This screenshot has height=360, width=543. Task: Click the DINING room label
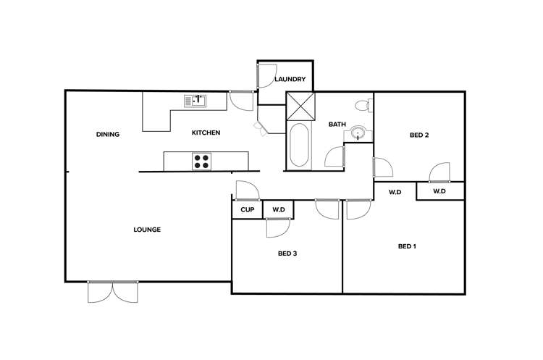pyautogui.click(x=107, y=134)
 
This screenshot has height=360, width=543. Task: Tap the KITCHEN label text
pyautogui.click(x=206, y=133)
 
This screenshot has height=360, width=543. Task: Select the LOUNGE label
pyautogui.click(x=147, y=230)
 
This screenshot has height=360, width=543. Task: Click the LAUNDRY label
pyautogui.click(x=290, y=80)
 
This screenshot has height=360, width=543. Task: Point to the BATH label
pyautogui.click(x=337, y=125)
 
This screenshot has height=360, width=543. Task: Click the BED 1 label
pyautogui.click(x=407, y=246)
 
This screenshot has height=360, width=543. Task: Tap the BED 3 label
pyautogui.click(x=287, y=254)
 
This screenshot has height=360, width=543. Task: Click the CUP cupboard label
pyautogui.click(x=246, y=210)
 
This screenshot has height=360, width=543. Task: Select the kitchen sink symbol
pyautogui.click(x=195, y=101)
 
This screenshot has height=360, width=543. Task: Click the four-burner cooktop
pyautogui.click(x=201, y=162)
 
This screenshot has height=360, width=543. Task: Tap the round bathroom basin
pyautogui.click(x=358, y=133)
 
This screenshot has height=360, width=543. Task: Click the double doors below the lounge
pyautogui.click(x=112, y=292)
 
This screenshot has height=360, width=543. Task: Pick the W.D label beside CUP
pyautogui.click(x=279, y=210)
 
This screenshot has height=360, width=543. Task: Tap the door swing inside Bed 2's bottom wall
pyautogui.click(x=440, y=172)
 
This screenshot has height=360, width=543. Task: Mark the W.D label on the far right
pyautogui.click(x=439, y=191)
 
